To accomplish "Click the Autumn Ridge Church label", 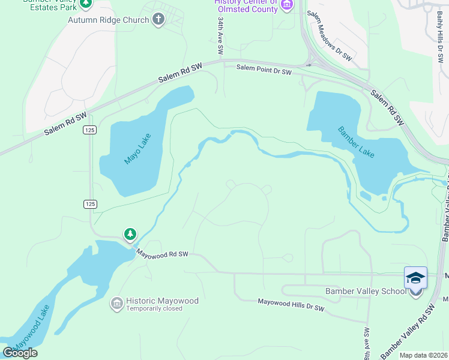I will [x=108, y=20].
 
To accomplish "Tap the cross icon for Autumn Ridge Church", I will [x=158, y=20].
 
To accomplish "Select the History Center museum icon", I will [x=287, y=6].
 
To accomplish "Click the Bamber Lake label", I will [x=356, y=142].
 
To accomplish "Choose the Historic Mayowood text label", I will [x=162, y=300].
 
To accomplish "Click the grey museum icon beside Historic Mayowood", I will [x=116, y=304].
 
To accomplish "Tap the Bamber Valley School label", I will [x=366, y=292].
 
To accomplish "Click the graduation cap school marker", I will [x=415, y=279].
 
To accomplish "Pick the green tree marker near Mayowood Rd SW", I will [x=130, y=234].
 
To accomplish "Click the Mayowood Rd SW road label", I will [x=162, y=254].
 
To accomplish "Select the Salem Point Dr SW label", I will [x=264, y=71].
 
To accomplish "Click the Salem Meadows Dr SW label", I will [x=329, y=37].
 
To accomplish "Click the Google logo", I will [x=20, y=353].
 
